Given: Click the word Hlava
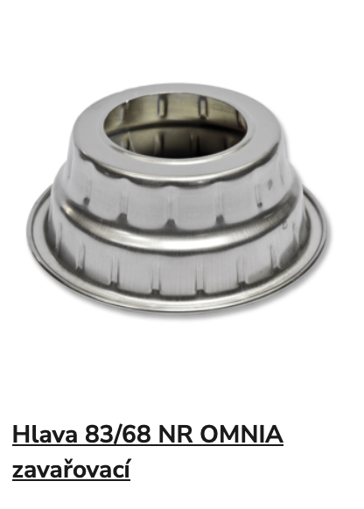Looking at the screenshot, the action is (45, 435).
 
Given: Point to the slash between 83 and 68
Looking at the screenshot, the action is (118, 435).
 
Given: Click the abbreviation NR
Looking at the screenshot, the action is (175, 435).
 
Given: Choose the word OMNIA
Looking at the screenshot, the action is (241, 435).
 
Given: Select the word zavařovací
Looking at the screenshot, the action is (71, 470).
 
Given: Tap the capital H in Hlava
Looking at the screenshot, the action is (20, 435).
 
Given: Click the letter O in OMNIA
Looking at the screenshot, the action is (208, 435).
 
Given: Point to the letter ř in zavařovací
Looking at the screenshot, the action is (72, 470).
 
